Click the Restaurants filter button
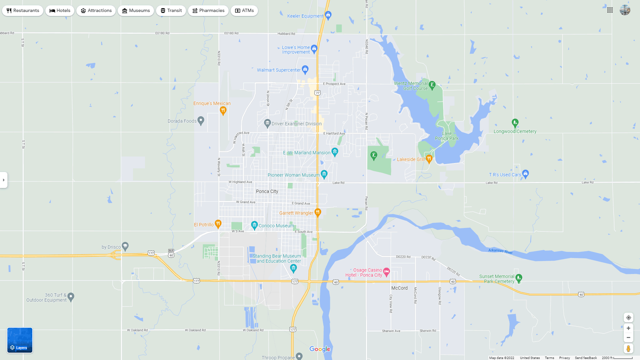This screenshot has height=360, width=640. [x=23, y=11]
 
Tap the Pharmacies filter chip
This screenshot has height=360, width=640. [x=208, y=11]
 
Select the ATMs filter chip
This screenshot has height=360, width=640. [x=244, y=11]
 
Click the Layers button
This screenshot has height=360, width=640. [x=20, y=340]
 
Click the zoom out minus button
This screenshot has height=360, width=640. [x=628, y=338]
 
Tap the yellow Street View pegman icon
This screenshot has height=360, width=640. [x=628, y=349]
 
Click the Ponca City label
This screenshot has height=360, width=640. [x=267, y=191]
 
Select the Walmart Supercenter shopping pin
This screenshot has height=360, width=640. [x=305, y=69]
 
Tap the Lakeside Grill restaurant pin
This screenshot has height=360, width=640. [x=429, y=159]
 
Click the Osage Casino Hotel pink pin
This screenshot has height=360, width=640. [x=386, y=272]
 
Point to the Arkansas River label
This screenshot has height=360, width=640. [x=500, y=251]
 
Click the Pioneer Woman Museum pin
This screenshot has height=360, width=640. [x=324, y=174]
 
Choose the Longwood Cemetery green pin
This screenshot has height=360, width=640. [x=515, y=123]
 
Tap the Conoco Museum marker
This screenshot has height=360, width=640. [x=254, y=225]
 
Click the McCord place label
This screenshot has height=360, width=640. [x=399, y=288]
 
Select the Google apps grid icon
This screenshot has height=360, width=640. [x=610, y=10]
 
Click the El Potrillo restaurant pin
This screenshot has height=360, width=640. [x=218, y=224]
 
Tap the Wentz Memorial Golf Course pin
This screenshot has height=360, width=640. [x=432, y=85]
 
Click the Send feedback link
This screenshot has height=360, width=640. [x=586, y=358]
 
